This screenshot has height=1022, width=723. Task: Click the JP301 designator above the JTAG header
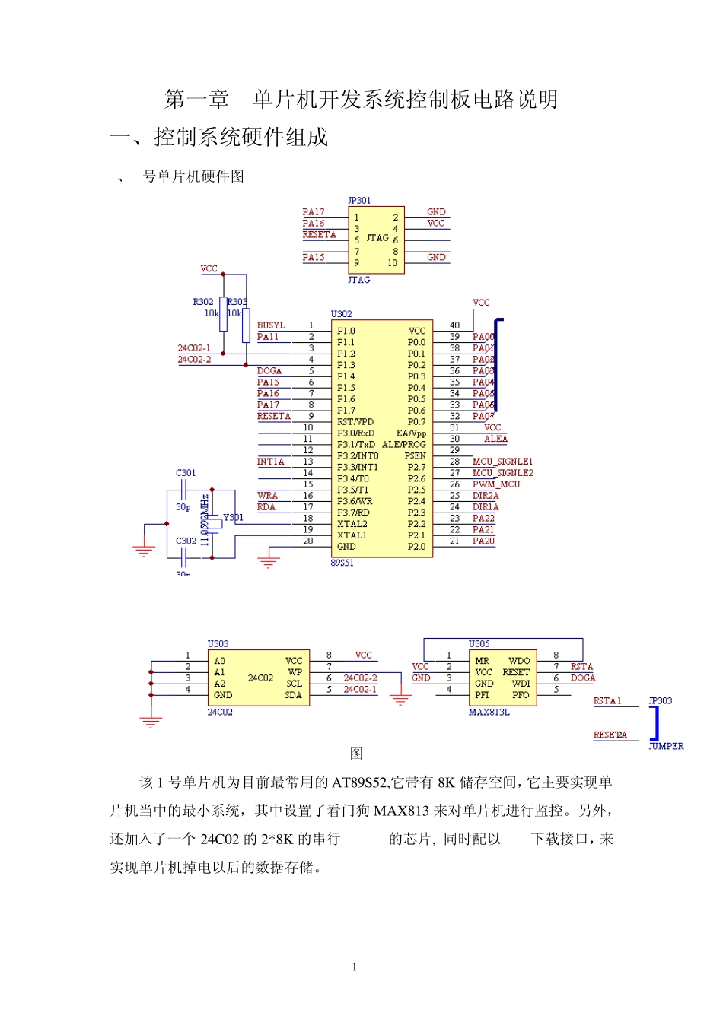[359, 201]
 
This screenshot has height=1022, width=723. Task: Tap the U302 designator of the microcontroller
[341, 314]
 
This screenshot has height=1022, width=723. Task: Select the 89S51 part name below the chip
[342, 563]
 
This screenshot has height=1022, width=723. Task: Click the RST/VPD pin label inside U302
[355, 422]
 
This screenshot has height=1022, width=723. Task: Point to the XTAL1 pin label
[352, 535]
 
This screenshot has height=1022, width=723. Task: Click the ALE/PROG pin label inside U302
[403, 445]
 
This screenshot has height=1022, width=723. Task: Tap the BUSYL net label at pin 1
[271, 325]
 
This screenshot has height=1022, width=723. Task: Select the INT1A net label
[270, 462]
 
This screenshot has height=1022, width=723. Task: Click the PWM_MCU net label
[495, 484]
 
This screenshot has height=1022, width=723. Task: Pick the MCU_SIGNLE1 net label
[502, 462]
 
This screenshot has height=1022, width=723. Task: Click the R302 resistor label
[203, 302]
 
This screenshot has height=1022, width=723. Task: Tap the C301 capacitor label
[186, 473]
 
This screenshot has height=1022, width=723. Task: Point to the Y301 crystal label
[233, 518]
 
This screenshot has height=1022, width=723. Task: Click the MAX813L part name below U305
[489, 713]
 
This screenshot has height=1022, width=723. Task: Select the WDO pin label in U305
[519, 661]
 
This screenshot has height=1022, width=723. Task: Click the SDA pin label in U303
[293, 695]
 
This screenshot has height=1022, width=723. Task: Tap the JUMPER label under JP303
[666, 747]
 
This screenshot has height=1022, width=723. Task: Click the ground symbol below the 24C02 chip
[151, 721]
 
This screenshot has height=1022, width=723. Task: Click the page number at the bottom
[355, 967]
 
